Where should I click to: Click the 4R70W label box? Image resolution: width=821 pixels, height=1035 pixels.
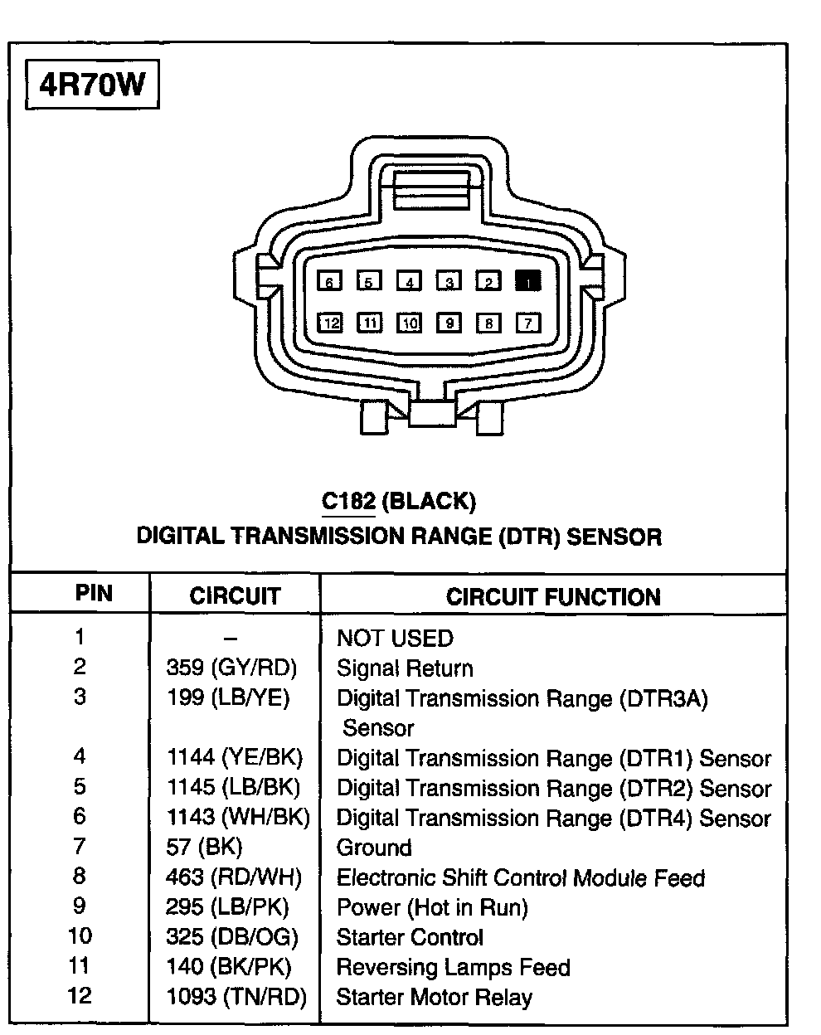[x=92, y=85]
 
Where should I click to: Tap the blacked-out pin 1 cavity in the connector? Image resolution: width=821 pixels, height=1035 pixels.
[x=527, y=281]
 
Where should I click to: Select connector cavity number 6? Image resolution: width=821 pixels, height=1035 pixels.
[x=329, y=282]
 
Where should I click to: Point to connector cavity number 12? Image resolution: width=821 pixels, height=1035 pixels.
[x=330, y=323]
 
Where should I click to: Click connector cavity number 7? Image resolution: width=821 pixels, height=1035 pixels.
[x=527, y=323]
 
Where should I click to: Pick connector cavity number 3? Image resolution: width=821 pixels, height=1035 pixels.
[x=449, y=282]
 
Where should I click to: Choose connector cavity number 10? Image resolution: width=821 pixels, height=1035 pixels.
[x=409, y=323]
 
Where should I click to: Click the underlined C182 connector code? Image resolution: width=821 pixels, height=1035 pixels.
[x=348, y=501]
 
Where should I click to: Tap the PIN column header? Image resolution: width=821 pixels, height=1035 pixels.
[x=94, y=594]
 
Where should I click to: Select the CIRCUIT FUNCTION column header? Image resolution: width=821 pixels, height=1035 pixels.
[x=553, y=597]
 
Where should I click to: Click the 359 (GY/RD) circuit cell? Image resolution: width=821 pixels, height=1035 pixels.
[x=231, y=668]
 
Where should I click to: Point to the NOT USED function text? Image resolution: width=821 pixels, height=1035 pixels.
[x=395, y=639]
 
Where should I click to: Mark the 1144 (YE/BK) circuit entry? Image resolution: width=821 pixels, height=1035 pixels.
[x=235, y=757]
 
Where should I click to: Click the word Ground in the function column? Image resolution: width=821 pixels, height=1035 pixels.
[x=374, y=848]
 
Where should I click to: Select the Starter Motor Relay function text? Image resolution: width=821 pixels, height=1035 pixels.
[x=434, y=997]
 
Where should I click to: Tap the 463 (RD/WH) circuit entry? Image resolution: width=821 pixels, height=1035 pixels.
[x=234, y=877]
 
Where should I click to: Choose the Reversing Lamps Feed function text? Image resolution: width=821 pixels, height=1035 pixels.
[x=453, y=967]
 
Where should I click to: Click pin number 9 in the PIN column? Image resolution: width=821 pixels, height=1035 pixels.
[x=80, y=906]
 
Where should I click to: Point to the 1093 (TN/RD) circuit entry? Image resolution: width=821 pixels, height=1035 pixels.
[x=236, y=997]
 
